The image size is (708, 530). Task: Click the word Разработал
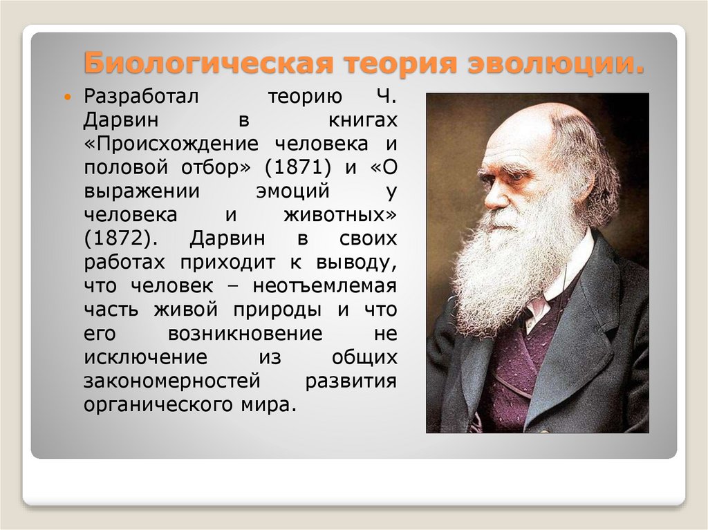point(141,97)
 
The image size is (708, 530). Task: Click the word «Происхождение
point(171,144)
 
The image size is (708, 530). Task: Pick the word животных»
point(340,215)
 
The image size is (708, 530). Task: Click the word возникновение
point(245,333)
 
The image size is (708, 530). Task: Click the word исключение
point(145,357)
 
